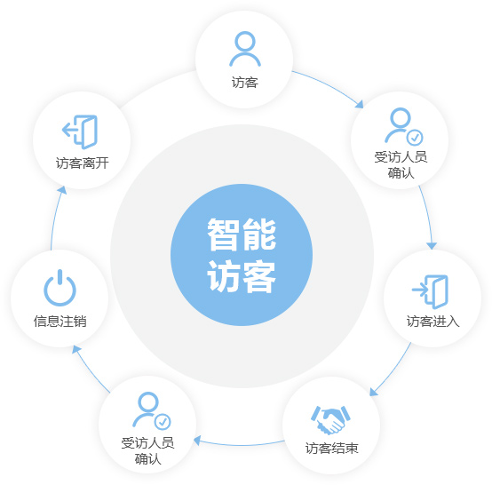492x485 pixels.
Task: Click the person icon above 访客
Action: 245,49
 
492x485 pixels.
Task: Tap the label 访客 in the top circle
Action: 245,83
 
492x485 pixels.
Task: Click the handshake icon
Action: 330,420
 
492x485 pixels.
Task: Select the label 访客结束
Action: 331,448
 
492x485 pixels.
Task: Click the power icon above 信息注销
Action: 60,288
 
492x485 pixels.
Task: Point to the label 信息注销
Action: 60,322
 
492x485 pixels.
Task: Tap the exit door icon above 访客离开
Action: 80,131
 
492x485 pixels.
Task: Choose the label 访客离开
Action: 83,163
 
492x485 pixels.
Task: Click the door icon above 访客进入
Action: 430,291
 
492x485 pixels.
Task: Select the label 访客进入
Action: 433,322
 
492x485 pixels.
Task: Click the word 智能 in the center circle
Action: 242,235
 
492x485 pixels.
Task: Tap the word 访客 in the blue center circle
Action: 242,276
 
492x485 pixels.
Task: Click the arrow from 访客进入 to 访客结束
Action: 393,371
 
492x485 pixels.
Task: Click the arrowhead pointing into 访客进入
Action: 432,246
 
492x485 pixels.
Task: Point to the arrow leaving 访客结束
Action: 239,444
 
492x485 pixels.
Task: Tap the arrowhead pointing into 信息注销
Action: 76,349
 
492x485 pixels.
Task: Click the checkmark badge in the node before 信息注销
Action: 163,422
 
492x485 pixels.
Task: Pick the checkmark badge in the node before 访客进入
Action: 415,138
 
